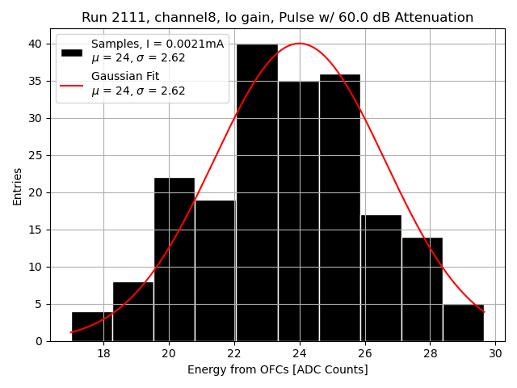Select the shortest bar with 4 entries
(x=92, y=326)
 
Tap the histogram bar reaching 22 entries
(x=174, y=259)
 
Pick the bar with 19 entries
(x=215, y=270)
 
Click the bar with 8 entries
(x=133, y=311)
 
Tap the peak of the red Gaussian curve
(x=300, y=44)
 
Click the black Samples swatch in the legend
(x=71, y=51)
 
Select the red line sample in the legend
(x=71, y=83)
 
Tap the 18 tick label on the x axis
(x=103, y=353)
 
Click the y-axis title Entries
(x=18, y=186)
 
